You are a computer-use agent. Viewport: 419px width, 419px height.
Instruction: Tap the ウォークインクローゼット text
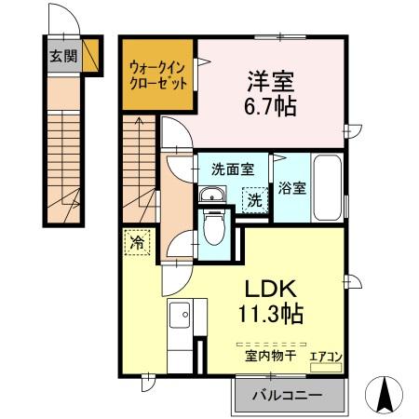point(158,74)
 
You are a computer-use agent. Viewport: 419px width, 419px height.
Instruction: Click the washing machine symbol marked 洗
point(252,198)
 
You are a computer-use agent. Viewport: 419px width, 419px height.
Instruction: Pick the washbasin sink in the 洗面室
point(211,195)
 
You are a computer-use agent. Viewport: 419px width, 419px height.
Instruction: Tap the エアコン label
point(325,355)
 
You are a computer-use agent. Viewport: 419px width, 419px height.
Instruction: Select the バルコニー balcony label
point(288,396)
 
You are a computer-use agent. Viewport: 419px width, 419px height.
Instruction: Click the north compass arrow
point(383,395)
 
